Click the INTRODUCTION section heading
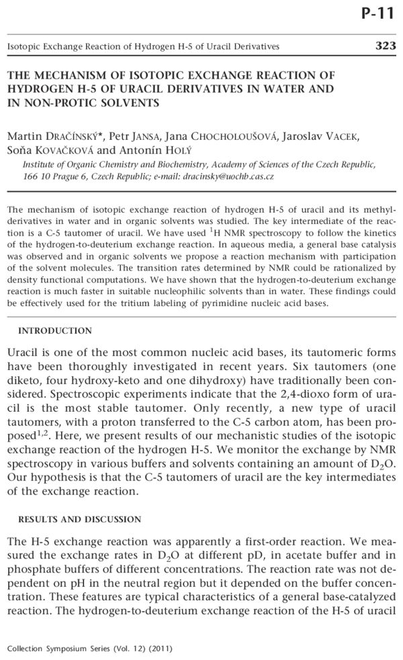point(55,331)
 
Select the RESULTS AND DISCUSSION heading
point(79,519)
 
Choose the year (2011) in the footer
point(160,649)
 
